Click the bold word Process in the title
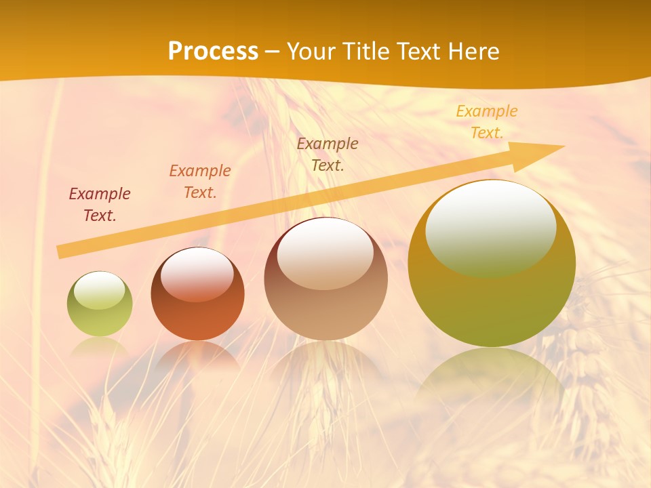[x=213, y=52]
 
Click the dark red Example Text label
[x=100, y=205]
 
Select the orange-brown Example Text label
[x=200, y=182]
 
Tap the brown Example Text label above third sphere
[x=328, y=154]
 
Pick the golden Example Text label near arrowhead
[x=486, y=122]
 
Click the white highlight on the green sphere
[x=99, y=291]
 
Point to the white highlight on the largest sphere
[x=490, y=227]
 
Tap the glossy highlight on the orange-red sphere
[x=197, y=273]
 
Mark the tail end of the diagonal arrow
[x=62, y=251]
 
